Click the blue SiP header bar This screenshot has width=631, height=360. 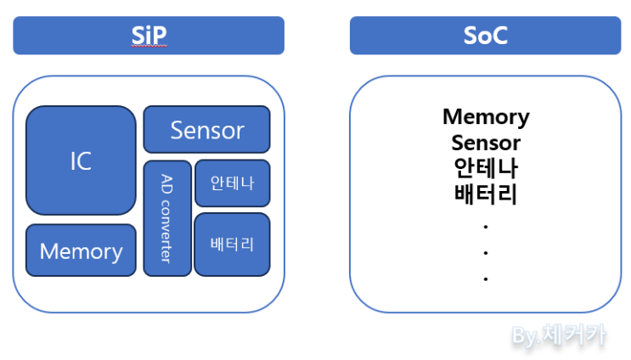pyautogui.click(x=149, y=36)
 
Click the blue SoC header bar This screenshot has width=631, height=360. pyautogui.click(x=485, y=36)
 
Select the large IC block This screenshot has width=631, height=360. pyautogui.click(x=81, y=160)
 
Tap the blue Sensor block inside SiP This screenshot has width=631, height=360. pyautogui.click(x=206, y=130)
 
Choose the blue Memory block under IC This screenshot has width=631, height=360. pyautogui.click(x=81, y=250)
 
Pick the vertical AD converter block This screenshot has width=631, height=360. pyautogui.click(x=167, y=218)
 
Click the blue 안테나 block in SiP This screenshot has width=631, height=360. pyautogui.click(x=232, y=183)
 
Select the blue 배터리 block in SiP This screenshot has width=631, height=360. pyautogui.click(x=232, y=244)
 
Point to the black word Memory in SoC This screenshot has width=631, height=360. pyautogui.click(x=486, y=116)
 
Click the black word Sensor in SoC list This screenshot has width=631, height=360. pyautogui.click(x=486, y=142)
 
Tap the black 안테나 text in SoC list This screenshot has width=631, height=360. pyautogui.click(x=486, y=167)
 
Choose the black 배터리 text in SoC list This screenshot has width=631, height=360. pyautogui.click(x=486, y=194)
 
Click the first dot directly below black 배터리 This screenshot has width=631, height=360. pyautogui.click(x=486, y=227)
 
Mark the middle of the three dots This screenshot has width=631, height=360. pyautogui.click(x=486, y=253)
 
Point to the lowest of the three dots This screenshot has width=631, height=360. pyautogui.click(x=486, y=278)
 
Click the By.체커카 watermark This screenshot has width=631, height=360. pyautogui.click(x=559, y=335)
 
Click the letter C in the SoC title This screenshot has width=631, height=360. pyautogui.click(x=501, y=36)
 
